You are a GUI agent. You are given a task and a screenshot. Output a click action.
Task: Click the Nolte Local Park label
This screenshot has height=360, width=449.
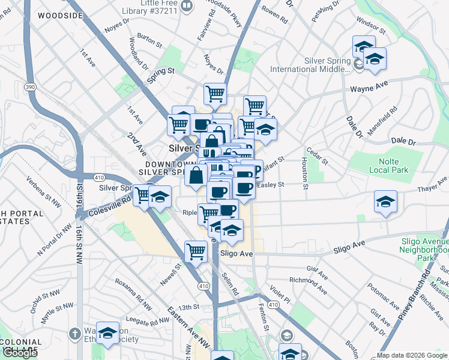[393, 166]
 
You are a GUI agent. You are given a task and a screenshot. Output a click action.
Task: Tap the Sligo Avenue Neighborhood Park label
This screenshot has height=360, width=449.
[424, 249]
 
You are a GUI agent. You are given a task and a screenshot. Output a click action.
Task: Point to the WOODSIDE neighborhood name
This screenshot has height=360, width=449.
[58, 16]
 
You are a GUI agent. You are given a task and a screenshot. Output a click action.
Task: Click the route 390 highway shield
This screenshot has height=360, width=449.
[30, 87]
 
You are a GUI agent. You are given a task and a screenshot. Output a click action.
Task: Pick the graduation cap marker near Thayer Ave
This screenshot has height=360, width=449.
[385, 202]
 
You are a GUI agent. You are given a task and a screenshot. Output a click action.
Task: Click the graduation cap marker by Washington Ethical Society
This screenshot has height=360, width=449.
[107, 334]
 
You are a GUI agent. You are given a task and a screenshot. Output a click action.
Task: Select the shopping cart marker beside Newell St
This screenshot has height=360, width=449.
[196, 252]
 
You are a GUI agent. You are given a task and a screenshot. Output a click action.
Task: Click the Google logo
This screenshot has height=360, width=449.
[20, 353]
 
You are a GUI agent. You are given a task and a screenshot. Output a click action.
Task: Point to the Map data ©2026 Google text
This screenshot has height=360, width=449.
[411, 355]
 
